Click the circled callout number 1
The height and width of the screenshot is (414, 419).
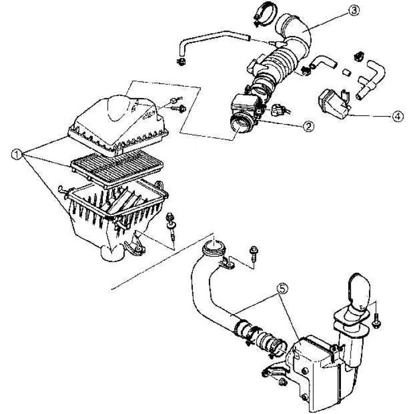pyautogui.click(x=18, y=153)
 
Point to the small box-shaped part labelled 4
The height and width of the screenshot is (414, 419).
pyautogui.click(x=333, y=103)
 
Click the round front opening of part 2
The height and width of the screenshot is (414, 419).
pyautogui.click(x=239, y=123)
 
